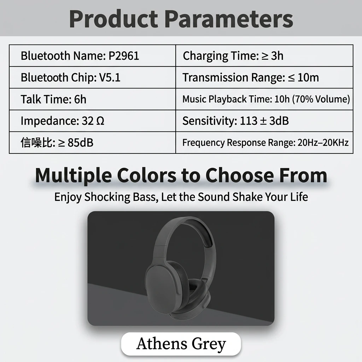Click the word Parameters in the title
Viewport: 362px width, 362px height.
click(x=229, y=19)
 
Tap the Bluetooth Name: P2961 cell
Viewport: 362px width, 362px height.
click(x=92, y=56)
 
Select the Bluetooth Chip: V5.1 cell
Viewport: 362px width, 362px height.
click(x=92, y=77)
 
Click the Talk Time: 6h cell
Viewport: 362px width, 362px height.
click(x=92, y=99)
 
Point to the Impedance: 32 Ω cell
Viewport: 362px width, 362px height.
click(x=92, y=121)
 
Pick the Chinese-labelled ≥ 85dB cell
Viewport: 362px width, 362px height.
click(x=92, y=142)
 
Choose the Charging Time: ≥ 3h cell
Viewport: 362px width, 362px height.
click(x=264, y=56)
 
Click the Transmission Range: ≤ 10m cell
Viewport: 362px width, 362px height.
click(x=264, y=77)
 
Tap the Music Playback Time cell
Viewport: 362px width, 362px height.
click(x=264, y=99)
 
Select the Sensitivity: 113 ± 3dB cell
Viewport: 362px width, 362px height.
click(x=264, y=121)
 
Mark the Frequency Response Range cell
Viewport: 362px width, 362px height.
click(x=264, y=142)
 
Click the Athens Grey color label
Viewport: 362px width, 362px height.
click(x=181, y=344)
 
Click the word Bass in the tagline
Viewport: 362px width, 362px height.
click(x=146, y=197)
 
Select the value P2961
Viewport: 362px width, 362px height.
click(x=124, y=56)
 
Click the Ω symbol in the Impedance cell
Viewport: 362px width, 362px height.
click(x=100, y=121)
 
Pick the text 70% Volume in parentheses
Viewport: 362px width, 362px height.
click(x=321, y=99)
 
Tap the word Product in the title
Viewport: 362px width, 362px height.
click(x=113, y=19)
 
